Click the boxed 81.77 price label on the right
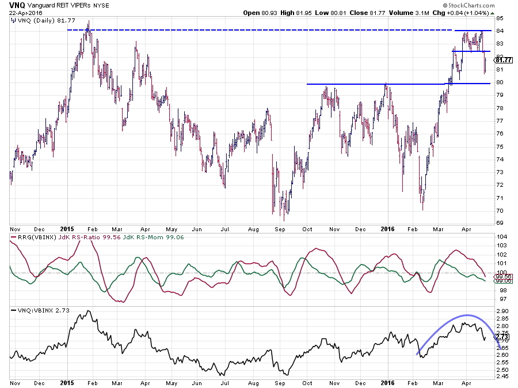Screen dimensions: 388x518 [x=503, y=59]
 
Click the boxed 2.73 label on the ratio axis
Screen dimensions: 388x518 [x=502, y=336]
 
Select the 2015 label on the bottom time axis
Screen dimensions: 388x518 [x=67, y=383]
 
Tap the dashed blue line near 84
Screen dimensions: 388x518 [x=259, y=30]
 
